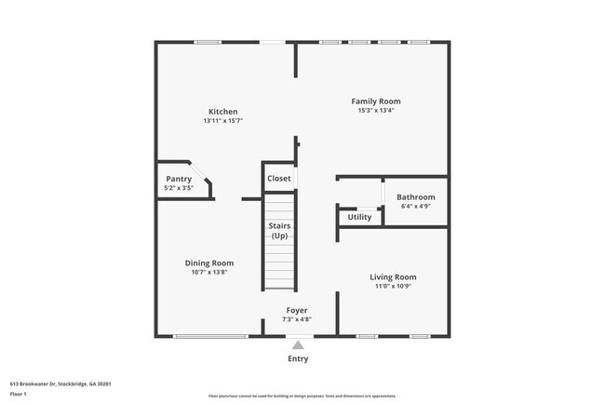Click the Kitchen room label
(x=222, y=112)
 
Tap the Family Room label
(x=375, y=101)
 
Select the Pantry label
(x=179, y=179)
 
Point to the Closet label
(x=279, y=178)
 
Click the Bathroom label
(x=415, y=196)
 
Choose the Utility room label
(x=359, y=217)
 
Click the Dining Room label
(x=209, y=263)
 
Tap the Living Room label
(x=393, y=276)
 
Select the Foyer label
(x=297, y=310)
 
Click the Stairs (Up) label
(x=279, y=231)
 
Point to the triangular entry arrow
(x=298, y=344)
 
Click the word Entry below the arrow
(x=298, y=358)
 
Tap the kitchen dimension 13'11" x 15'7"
(x=222, y=121)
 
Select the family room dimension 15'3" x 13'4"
(x=375, y=110)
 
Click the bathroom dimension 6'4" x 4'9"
(x=415, y=206)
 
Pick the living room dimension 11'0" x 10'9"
(x=393, y=286)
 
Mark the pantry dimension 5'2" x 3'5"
(x=179, y=188)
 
